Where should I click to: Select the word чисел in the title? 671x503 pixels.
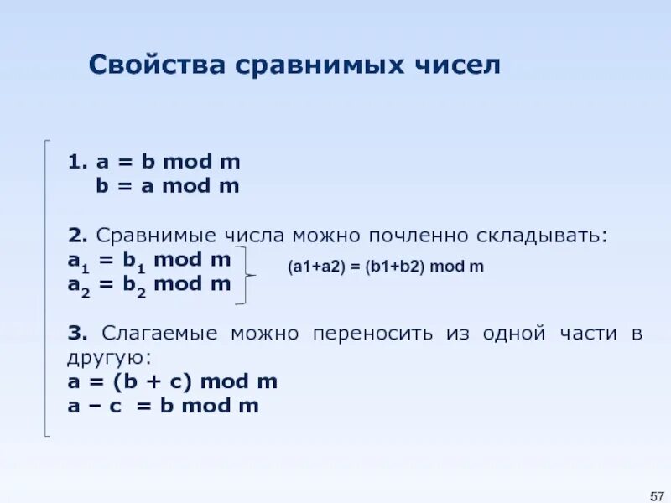click(x=459, y=65)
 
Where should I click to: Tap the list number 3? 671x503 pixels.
click(x=76, y=334)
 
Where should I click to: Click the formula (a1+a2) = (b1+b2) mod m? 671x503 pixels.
click(x=386, y=267)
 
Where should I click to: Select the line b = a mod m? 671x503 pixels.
click(x=167, y=186)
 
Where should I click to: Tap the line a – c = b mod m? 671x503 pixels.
click(x=164, y=407)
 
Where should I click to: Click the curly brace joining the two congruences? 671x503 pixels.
click(x=247, y=273)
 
